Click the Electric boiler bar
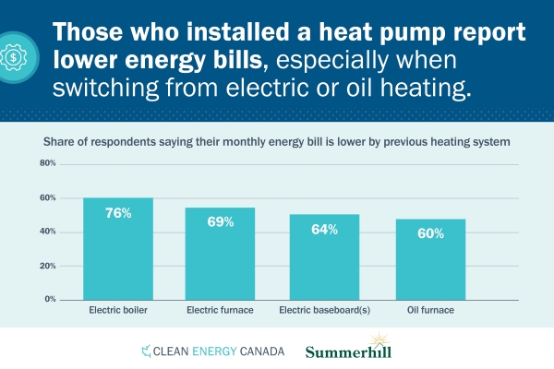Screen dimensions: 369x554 tap(118, 249)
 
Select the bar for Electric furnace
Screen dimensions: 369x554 tap(220, 254)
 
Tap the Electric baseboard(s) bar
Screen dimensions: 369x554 tap(324, 258)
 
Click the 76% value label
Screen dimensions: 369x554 tap(118, 213)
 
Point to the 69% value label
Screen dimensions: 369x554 tap(220, 222)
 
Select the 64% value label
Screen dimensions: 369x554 tap(324, 229)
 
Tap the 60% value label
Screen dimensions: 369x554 tap(430, 233)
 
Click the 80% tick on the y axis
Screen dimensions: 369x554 tap(48, 163)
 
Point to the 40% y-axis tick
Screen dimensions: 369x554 tap(48, 232)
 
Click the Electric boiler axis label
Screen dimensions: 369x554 tap(118, 311)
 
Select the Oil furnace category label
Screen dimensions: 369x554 tap(430, 311)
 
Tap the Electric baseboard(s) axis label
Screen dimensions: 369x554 tap(324, 311)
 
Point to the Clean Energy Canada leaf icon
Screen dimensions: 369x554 tap(145, 351)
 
